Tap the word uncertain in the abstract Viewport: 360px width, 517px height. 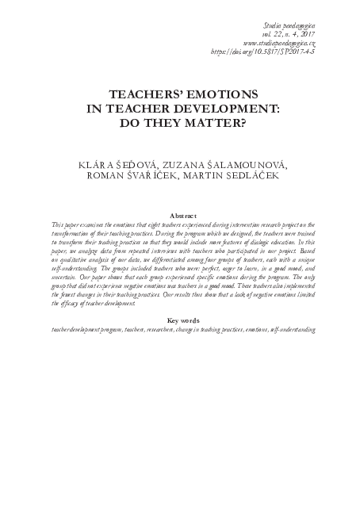click(x=67, y=277)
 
